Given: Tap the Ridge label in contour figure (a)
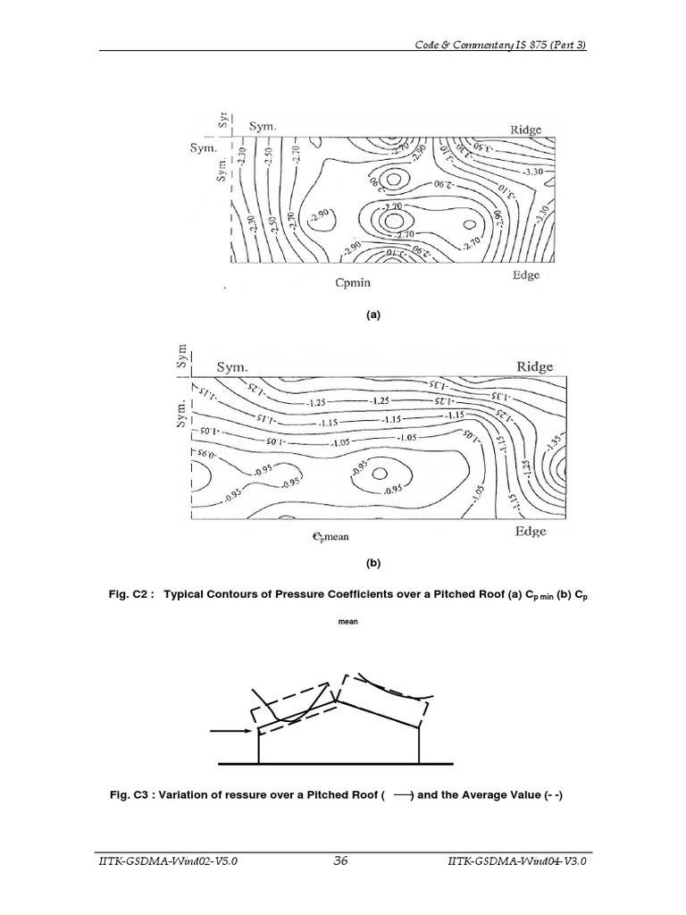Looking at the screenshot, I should (x=526, y=130).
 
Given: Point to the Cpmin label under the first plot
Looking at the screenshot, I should (x=353, y=282).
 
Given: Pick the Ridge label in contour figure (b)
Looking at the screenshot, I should (x=535, y=366).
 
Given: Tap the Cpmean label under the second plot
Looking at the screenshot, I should (x=338, y=538).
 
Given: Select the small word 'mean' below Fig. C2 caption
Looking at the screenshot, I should (x=348, y=623).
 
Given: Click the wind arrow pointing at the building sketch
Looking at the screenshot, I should (x=232, y=732).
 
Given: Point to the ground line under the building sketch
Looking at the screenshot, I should (x=339, y=765).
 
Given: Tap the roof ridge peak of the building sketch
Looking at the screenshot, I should (x=337, y=703).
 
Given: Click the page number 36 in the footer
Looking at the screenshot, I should (x=340, y=860).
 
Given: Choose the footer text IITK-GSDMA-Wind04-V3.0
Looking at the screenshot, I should (x=519, y=860).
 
